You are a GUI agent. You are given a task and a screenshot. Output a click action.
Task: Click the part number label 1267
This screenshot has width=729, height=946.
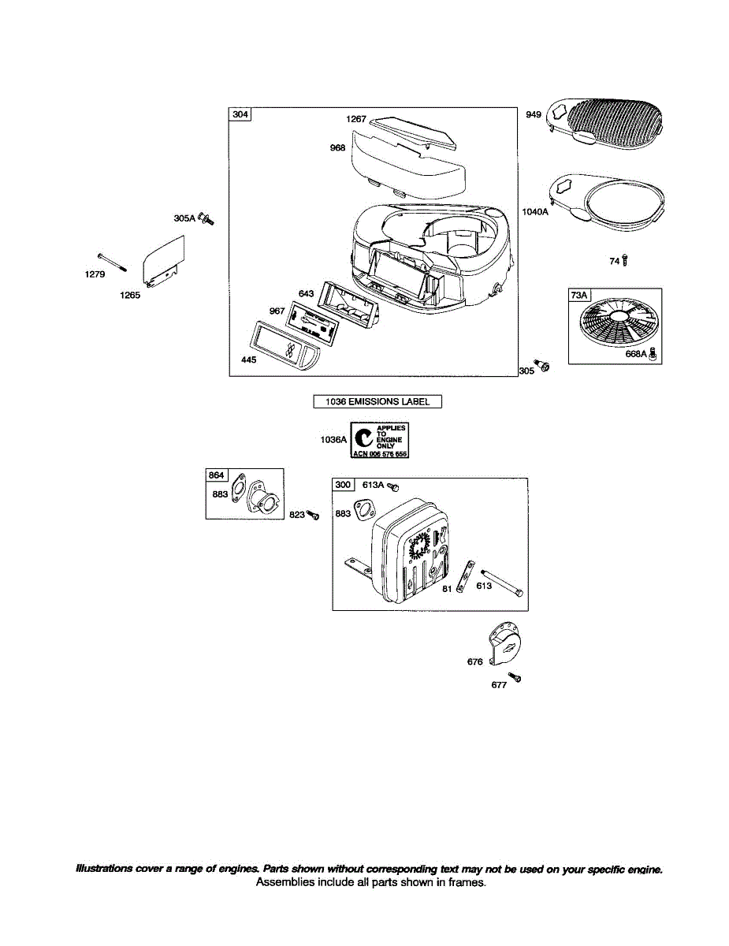click(x=355, y=119)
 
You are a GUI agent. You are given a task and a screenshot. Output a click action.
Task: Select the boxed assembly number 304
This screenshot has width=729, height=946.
click(x=240, y=115)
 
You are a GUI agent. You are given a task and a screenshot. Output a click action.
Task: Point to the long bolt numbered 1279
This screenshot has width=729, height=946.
click(x=113, y=262)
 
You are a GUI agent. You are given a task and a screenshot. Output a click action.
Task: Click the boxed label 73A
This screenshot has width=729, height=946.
click(x=579, y=296)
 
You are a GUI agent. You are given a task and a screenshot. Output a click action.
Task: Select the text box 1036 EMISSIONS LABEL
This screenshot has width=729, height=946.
click(x=378, y=401)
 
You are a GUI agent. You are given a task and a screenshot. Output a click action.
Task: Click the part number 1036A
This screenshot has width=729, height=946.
click(x=333, y=441)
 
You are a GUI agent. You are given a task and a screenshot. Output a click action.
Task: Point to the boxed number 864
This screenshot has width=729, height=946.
click(x=216, y=475)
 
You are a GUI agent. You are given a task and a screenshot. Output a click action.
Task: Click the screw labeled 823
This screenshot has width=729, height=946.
click(x=313, y=515)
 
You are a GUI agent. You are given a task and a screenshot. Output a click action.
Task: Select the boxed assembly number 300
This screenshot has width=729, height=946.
click(x=343, y=485)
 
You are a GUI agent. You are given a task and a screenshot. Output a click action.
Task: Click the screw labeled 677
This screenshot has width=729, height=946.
click(x=515, y=677)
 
